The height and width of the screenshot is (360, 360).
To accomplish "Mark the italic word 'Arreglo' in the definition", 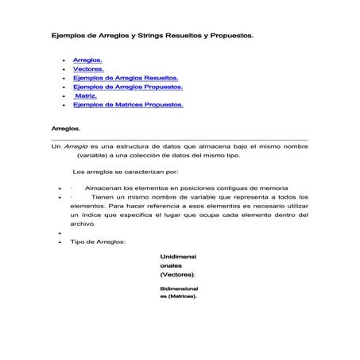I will pos(76,147).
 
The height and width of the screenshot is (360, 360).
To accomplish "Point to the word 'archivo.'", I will pos(83,225).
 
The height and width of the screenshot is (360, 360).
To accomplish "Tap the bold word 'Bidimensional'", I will pos(180,288).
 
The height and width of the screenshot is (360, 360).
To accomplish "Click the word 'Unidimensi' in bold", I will pos(179,257).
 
